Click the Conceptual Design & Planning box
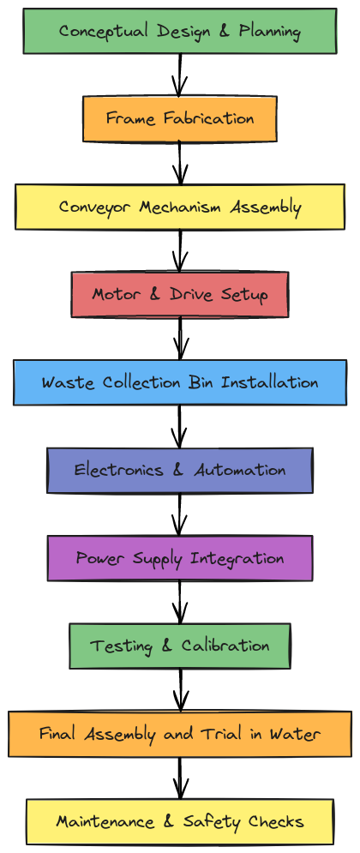coord(180,31)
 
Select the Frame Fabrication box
coord(180,118)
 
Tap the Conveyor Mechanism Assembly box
coord(180,207)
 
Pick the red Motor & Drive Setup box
coord(180,294)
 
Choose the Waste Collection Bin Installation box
coord(180,382)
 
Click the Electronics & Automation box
coord(180,470)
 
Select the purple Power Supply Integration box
coord(180,558)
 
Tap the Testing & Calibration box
coord(180,646)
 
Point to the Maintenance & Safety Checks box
coord(180,821)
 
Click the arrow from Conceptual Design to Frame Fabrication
coord(180,75)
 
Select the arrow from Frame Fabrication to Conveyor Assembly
coord(180,163)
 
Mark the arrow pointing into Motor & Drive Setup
coord(180,251)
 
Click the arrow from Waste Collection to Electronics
coord(180,427)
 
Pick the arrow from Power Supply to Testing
coord(180,602)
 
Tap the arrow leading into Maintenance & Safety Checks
coord(180,778)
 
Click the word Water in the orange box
coord(297,734)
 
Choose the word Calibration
coord(225,646)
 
